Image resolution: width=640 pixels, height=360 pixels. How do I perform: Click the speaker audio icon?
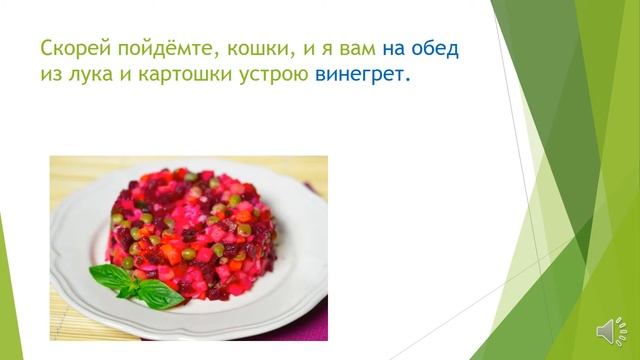[x=608, y=332]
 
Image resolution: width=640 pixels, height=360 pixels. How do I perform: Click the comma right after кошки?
[x=285, y=56]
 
